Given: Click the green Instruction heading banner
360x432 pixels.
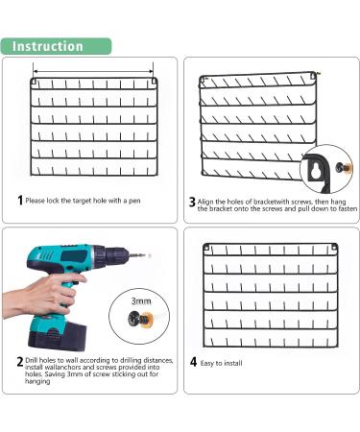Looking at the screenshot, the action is pyautogui.click(x=56, y=46).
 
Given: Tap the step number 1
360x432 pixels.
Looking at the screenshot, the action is pyautogui.click(x=20, y=201).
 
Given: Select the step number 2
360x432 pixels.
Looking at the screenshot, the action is pyautogui.click(x=20, y=362).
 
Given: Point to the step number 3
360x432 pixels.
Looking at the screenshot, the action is pyautogui.click(x=192, y=202).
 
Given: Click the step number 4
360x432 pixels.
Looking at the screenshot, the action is pyautogui.click(x=193, y=362).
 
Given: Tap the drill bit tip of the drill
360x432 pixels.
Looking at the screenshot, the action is pyautogui.click(x=148, y=255).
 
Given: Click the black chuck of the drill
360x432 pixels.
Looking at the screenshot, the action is pyautogui.click(x=117, y=256).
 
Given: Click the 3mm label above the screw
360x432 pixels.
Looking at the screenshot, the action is pyautogui.click(x=141, y=301).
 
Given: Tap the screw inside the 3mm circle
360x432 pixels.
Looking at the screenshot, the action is pyautogui.click(x=140, y=318).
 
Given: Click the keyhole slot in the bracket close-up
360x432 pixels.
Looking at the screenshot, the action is pyautogui.click(x=316, y=171).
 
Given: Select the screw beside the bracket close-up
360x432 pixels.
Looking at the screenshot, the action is pyautogui.click(x=344, y=167).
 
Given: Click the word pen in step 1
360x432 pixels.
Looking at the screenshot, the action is pyautogui.click(x=134, y=202).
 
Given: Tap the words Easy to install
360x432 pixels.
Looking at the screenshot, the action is pyautogui.click(x=221, y=363).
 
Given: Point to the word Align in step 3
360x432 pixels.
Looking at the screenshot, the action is pyautogui.click(x=205, y=202).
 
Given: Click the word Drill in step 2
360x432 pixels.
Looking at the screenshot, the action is pyautogui.click(x=32, y=360).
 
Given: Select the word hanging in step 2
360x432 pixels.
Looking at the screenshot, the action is pyautogui.click(x=37, y=381).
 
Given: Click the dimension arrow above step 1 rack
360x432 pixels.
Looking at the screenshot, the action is pyautogui.click(x=93, y=72).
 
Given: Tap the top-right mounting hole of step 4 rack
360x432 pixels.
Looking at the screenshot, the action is pyautogui.click(x=334, y=248).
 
